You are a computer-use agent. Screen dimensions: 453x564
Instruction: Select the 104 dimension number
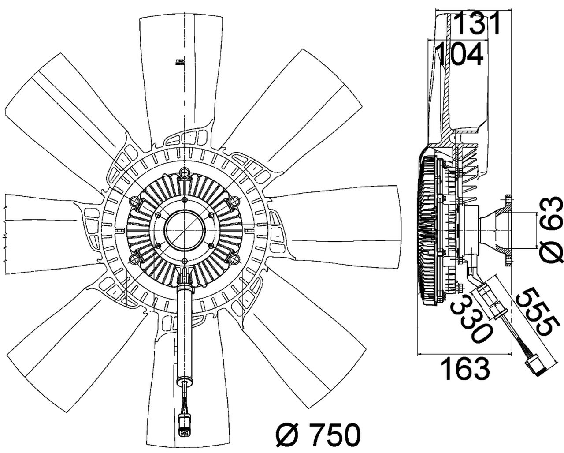[x=459, y=54]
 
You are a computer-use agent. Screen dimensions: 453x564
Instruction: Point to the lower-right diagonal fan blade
[x=300, y=353]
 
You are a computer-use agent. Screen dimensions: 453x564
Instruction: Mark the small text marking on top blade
[x=179, y=63]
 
